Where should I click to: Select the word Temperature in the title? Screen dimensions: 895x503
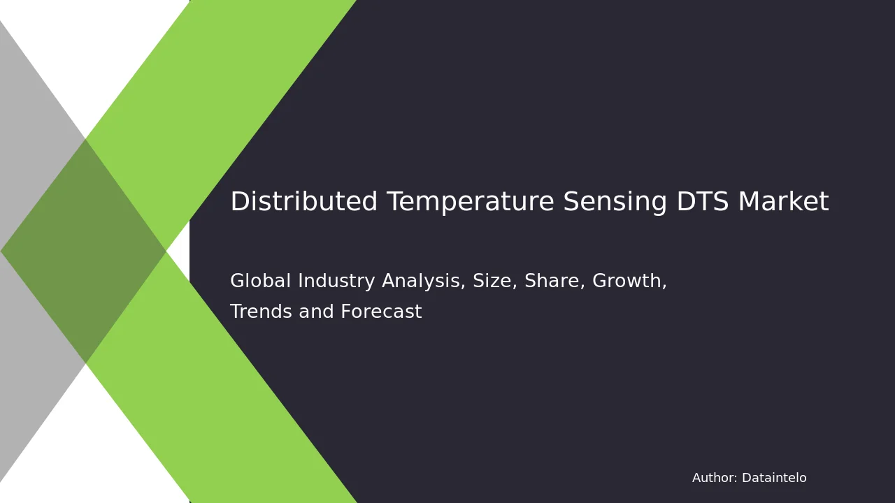[x=471, y=203]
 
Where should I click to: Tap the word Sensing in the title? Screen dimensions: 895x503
[x=615, y=203]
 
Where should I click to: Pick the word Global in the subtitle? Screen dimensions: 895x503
[x=260, y=280]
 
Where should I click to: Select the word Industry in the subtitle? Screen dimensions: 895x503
[x=336, y=282]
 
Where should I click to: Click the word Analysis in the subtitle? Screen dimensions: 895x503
[x=421, y=282]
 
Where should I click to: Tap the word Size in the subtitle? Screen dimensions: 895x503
[x=492, y=280]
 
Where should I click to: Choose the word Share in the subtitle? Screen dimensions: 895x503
[x=552, y=280]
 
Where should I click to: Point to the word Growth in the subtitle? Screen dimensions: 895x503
[x=627, y=280]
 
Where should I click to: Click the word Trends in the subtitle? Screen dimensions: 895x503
[x=262, y=311]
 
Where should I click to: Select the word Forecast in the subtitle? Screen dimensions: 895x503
[x=381, y=311]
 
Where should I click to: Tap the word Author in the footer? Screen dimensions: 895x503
[x=713, y=477]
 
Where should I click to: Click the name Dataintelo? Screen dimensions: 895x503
[x=774, y=477]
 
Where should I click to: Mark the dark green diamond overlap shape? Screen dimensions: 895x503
[x=83, y=251]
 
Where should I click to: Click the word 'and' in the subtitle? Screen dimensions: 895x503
[x=316, y=311]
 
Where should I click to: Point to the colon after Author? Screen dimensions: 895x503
[x=736, y=479]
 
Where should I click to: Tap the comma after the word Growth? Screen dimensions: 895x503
[x=664, y=286]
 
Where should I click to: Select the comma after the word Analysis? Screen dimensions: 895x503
[x=463, y=286]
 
